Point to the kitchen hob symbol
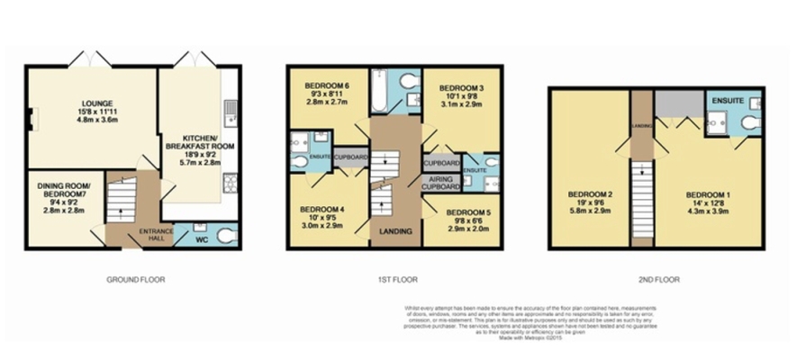point(231,183)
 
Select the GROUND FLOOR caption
point(135,280)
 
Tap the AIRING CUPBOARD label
point(443,183)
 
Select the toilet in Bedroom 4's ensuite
point(300,163)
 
